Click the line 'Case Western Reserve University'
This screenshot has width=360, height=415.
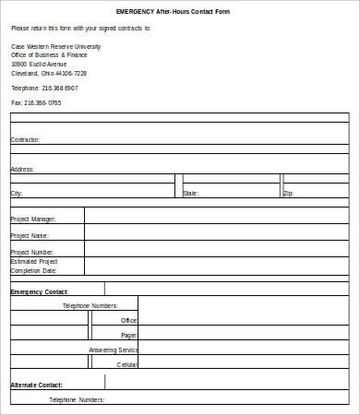coord(56,46)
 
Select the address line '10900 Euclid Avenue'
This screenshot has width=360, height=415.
coord(40,65)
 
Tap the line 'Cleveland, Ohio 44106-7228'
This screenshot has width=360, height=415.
coord(50,74)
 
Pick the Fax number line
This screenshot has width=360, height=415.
coord(36,102)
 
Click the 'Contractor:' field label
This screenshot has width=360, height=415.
coord(25,140)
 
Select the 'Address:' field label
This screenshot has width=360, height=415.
coord(22,170)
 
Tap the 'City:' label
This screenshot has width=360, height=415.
coord(17,194)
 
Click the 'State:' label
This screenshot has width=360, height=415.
coord(190,194)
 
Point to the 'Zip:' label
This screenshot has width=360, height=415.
coord(288,194)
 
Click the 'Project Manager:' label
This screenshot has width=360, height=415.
coord(33,219)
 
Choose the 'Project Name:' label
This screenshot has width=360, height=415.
coord(30,235)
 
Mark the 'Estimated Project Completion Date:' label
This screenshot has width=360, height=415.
coord(34,267)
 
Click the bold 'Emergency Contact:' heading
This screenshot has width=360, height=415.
coord(39,291)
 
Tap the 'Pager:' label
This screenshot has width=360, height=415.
coord(129,335)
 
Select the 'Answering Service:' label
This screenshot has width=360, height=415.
coord(114,350)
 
